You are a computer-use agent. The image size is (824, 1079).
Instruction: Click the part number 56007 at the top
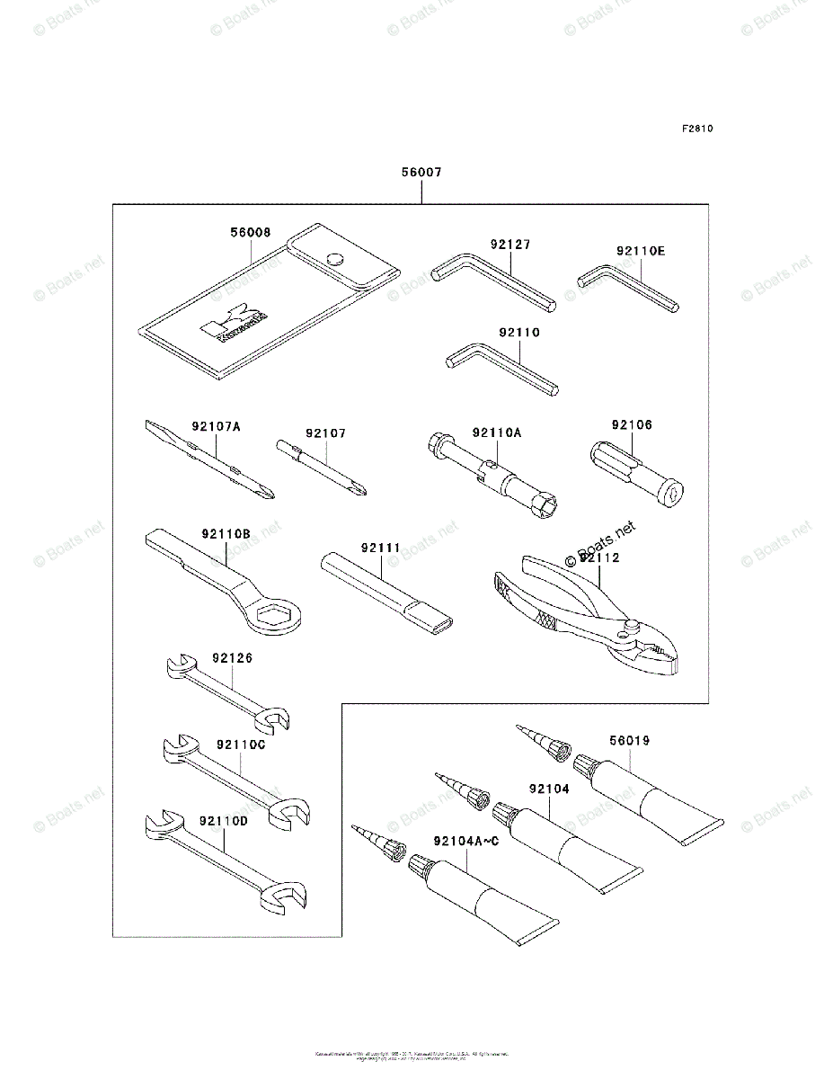(421, 172)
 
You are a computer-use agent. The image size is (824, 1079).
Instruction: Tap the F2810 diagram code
(696, 129)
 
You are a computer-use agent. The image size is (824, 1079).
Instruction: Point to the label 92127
(509, 244)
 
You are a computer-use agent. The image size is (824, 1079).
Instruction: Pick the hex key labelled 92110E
(629, 287)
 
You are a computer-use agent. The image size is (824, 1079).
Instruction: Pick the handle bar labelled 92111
(386, 589)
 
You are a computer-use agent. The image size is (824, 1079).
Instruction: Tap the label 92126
(233, 658)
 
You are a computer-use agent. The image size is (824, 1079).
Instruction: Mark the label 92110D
(224, 821)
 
